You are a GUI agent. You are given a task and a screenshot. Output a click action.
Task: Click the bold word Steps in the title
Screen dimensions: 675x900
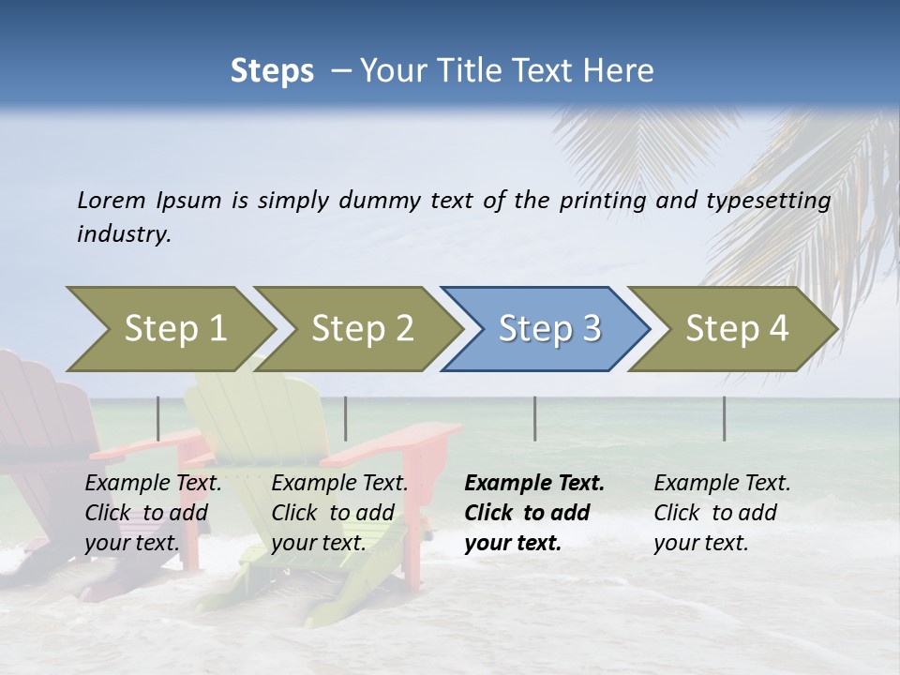(x=272, y=71)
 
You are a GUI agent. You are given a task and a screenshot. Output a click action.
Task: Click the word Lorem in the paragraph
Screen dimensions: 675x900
(x=111, y=200)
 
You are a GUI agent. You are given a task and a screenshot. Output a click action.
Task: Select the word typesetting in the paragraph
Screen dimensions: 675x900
(x=760, y=200)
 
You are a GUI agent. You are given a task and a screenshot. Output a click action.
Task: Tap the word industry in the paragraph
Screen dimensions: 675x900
(x=123, y=233)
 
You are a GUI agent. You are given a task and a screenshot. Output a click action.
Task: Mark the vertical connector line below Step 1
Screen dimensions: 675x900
(x=158, y=418)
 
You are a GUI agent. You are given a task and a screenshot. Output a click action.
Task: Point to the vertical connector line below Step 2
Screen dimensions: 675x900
(x=346, y=418)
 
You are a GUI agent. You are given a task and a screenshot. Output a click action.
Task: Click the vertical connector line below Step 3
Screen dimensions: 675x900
(x=534, y=418)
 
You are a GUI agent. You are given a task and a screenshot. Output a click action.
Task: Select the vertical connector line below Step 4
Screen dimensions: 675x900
(x=724, y=418)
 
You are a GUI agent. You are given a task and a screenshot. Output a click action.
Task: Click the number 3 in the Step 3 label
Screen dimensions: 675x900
(x=591, y=329)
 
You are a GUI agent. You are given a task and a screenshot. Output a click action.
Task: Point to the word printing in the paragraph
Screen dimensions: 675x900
(x=604, y=200)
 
